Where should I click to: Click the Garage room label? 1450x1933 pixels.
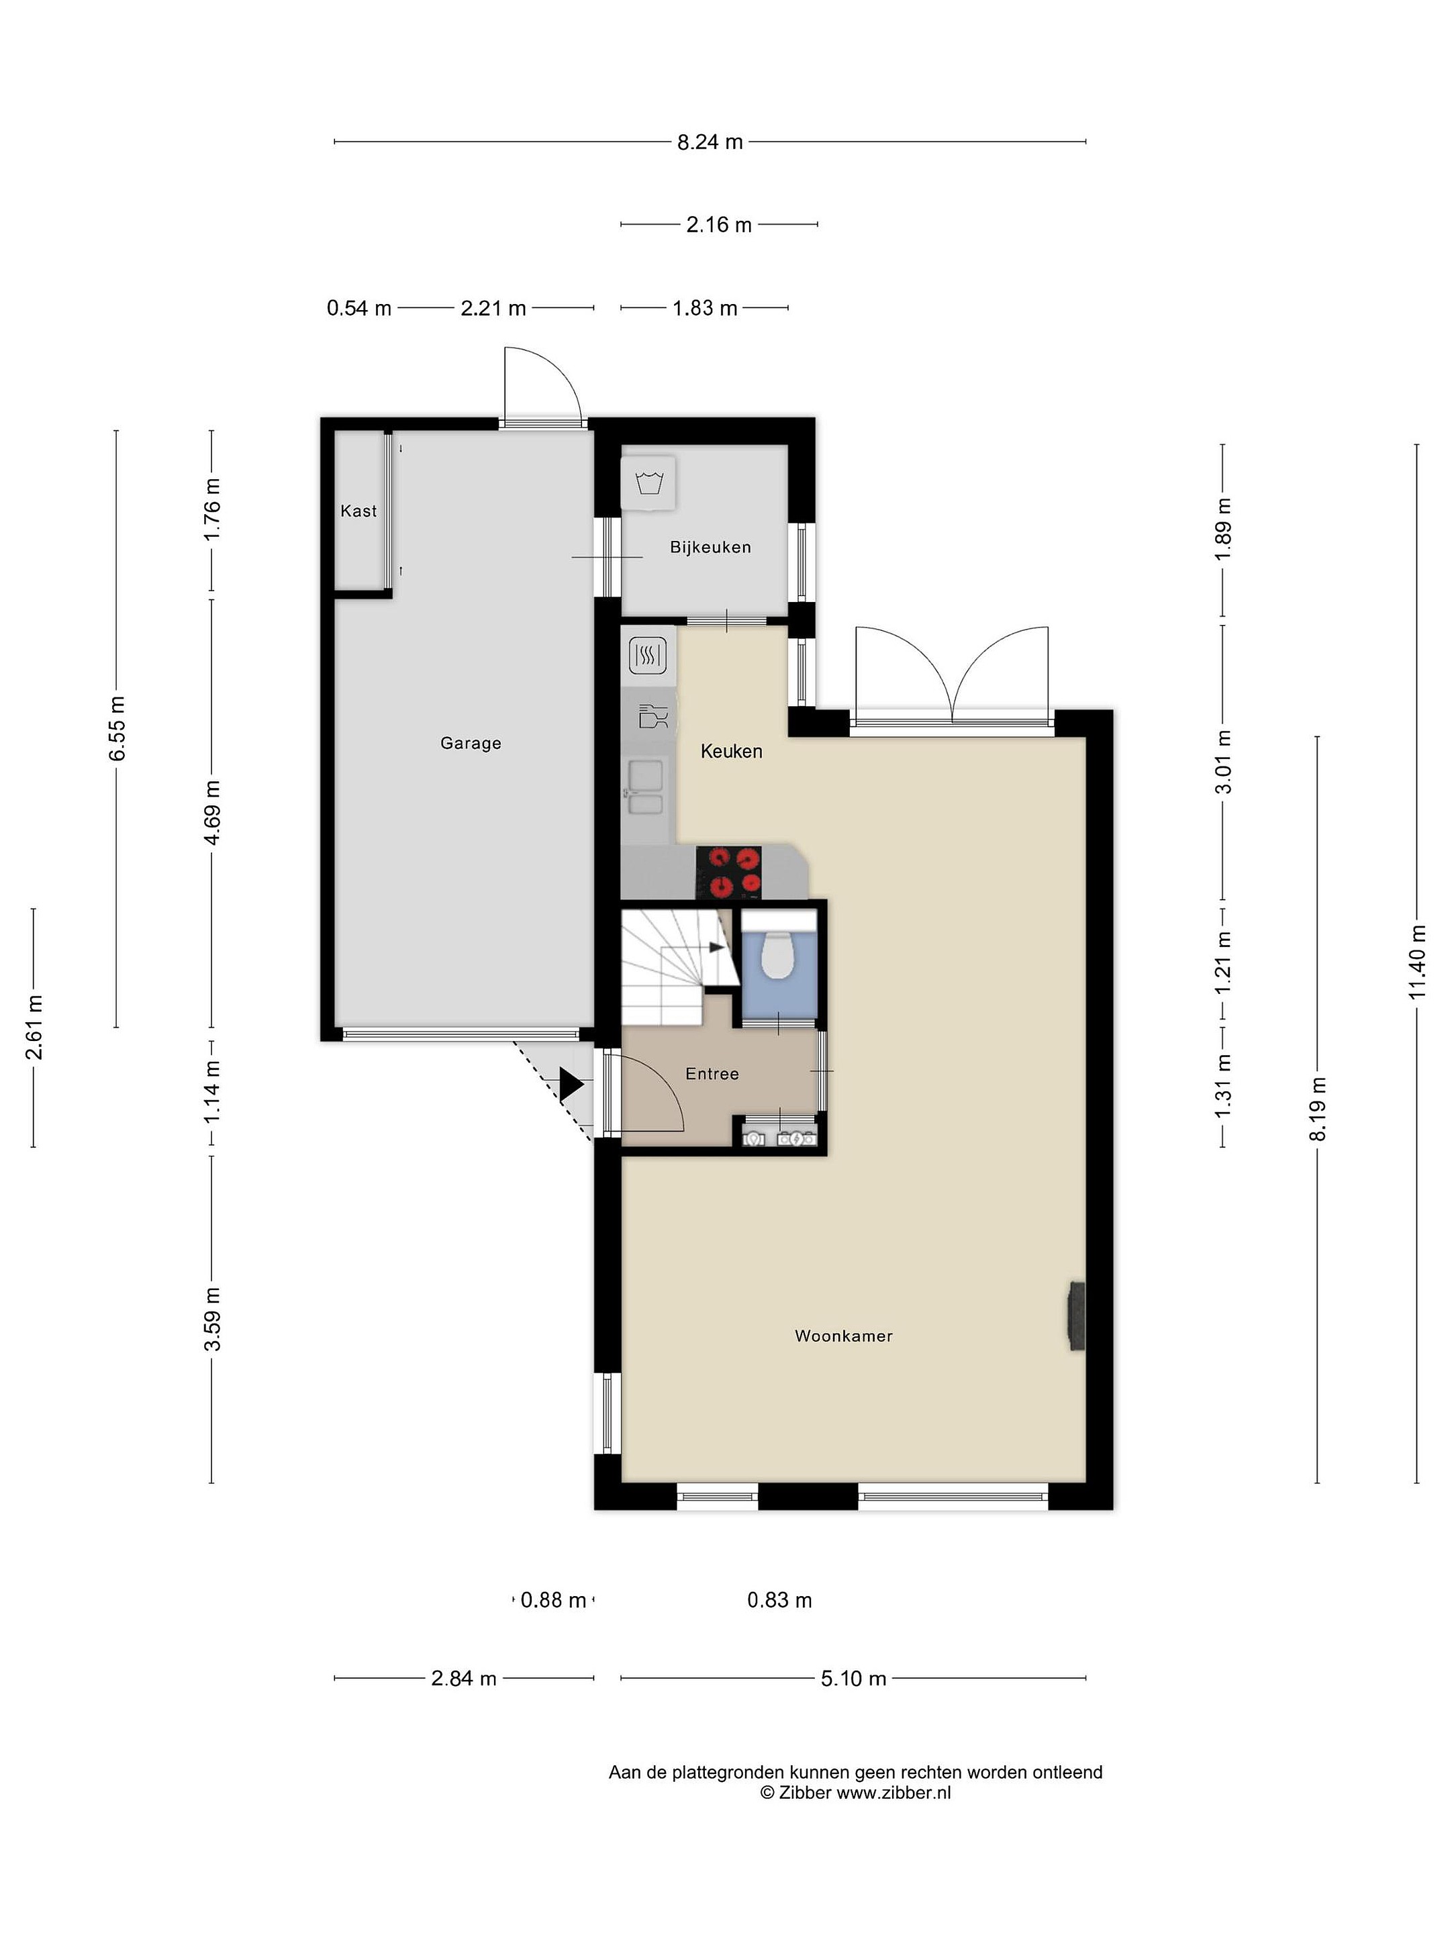click(470, 743)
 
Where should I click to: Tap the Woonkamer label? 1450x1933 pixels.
click(843, 1335)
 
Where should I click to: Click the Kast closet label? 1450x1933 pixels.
click(358, 510)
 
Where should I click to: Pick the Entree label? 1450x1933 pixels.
click(712, 1074)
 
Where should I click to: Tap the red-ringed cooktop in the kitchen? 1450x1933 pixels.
click(728, 872)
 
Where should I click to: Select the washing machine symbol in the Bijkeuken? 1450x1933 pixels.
click(648, 483)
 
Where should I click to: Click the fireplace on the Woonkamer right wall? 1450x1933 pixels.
click(1076, 1317)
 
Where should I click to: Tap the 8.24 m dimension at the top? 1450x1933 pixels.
click(710, 142)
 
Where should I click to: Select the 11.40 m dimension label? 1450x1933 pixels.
click(1417, 962)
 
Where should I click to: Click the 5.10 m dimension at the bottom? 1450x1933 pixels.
click(853, 1678)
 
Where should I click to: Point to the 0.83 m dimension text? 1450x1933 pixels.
click(779, 1600)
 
